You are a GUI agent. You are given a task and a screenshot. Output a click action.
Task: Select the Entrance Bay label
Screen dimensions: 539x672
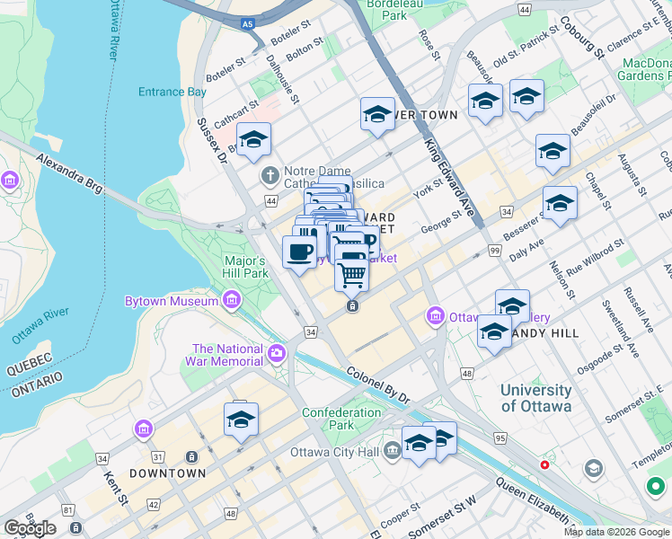point(172,92)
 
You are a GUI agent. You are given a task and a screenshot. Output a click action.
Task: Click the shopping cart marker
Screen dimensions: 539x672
point(352,273)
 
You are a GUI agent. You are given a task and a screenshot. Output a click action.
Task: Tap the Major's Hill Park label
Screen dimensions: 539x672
point(245,267)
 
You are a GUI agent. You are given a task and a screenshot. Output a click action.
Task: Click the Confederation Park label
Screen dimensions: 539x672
point(341,419)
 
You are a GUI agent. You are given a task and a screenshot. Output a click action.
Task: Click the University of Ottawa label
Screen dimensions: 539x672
point(535,398)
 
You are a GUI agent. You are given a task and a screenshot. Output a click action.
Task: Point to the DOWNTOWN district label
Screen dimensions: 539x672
point(167,473)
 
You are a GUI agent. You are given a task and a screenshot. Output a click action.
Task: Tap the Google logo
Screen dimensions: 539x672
point(30,528)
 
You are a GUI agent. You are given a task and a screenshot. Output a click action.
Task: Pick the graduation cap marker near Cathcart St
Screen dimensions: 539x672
point(253,140)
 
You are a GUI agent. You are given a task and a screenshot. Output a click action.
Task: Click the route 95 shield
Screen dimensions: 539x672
point(500,438)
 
